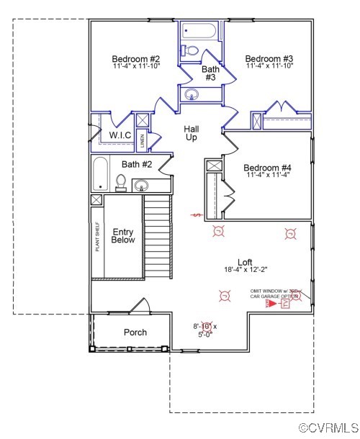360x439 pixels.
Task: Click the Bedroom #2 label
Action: [x=135, y=58]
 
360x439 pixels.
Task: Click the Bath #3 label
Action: [x=210, y=73]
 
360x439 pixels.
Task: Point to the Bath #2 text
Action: [x=136, y=164]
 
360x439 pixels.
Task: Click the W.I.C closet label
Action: [x=120, y=135]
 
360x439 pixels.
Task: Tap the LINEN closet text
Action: [x=143, y=140]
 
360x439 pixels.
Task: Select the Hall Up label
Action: [x=192, y=133]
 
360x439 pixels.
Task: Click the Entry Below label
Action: [x=123, y=236]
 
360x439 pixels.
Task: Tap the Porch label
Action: [x=135, y=332]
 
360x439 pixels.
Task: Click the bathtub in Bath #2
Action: [x=102, y=174]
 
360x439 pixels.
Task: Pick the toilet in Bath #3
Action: [x=190, y=51]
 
